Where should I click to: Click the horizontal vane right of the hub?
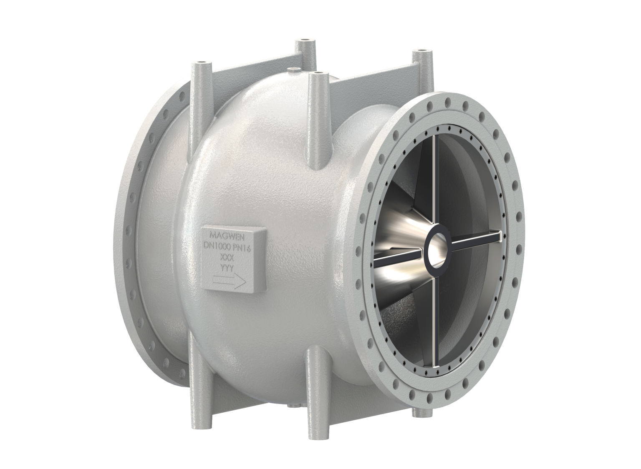[x=476, y=238]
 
